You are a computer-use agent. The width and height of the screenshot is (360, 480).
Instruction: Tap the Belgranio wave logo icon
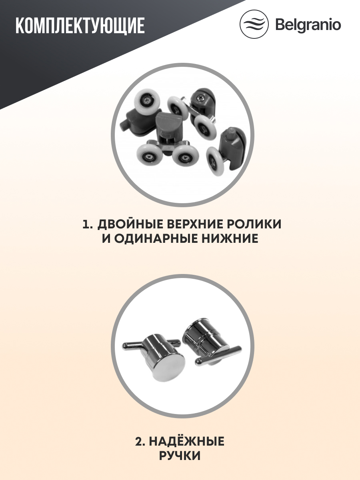point(254,24)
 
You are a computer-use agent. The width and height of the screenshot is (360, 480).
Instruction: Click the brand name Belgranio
point(308,25)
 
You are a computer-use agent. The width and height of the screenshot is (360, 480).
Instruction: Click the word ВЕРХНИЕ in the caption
point(187,224)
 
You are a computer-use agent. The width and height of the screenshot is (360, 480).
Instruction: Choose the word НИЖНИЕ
point(232,239)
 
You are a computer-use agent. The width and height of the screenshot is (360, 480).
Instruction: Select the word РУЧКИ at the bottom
point(180,456)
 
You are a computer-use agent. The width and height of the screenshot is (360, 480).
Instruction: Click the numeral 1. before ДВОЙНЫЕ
point(88,224)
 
